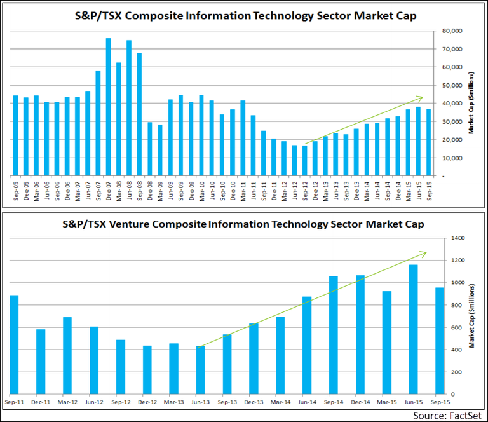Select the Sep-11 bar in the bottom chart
(x=14, y=343)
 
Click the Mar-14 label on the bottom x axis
(x=280, y=402)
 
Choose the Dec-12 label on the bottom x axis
(x=147, y=402)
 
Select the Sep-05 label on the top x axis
(x=15, y=189)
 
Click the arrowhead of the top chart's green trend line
(x=421, y=97)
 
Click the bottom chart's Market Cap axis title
(x=473, y=315)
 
